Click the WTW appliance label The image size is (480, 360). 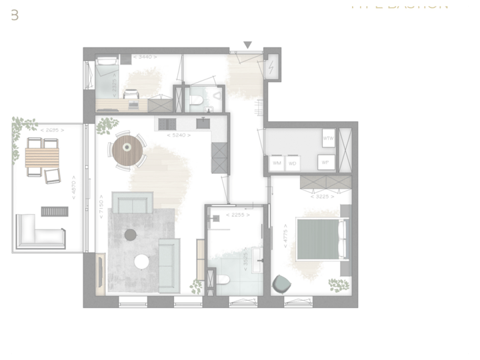coord(327,139)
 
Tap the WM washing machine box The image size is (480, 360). coord(277,163)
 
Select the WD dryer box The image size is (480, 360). coord(293,163)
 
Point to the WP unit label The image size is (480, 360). coord(325,162)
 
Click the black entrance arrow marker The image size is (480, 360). coord(247,45)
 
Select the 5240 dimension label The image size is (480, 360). coord(179,135)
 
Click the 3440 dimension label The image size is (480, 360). coord(145,57)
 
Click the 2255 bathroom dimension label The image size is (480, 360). coord(237,215)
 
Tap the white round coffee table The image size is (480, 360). coord(142,262)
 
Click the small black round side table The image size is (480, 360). coord(131,234)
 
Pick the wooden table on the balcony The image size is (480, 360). coord(42,157)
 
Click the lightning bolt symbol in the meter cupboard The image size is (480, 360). coord(272,67)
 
